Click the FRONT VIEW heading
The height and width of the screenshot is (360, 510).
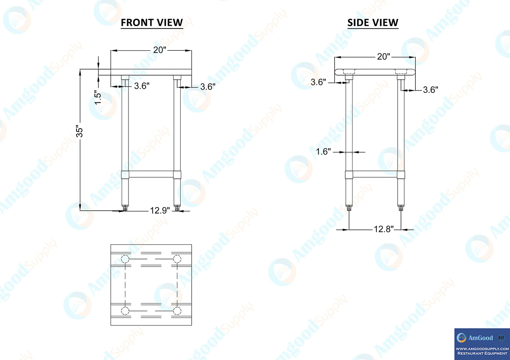tap(152, 23)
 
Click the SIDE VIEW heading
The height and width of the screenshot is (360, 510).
tap(373, 23)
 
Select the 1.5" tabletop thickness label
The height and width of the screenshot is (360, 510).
tap(98, 98)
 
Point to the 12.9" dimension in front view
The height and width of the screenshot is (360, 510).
tap(160, 210)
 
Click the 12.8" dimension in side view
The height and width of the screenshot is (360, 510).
tap(384, 229)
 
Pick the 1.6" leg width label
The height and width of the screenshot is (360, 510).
tap(323, 151)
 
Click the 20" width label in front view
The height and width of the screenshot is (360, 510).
tap(160, 50)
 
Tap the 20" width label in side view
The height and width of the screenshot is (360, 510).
tap(384, 56)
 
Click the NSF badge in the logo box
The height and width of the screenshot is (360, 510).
tap(501, 337)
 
